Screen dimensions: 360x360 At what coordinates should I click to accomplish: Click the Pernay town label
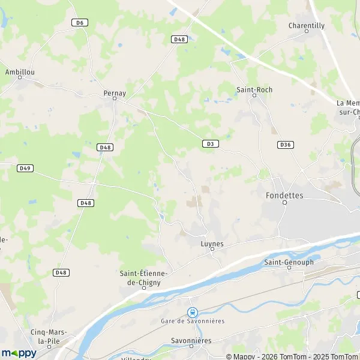tap(115, 94)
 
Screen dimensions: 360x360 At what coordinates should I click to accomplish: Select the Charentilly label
tap(306, 26)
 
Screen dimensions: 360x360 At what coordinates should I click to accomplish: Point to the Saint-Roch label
tap(254, 89)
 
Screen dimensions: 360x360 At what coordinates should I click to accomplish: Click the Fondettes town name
tap(284, 196)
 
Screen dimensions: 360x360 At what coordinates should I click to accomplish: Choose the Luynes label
tap(212, 244)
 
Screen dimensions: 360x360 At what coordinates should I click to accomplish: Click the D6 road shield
tap(79, 23)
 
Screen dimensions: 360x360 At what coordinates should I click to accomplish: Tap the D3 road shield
tap(209, 143)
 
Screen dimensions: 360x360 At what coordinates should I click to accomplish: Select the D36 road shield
tap(285, 145)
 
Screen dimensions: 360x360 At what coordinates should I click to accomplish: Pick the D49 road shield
tap(25, 168)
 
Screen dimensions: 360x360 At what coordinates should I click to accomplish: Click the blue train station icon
tap(192, 312)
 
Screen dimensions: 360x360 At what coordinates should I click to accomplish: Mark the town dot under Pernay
tap(115, 100)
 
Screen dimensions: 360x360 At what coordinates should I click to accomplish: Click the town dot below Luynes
tap(212, 250)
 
